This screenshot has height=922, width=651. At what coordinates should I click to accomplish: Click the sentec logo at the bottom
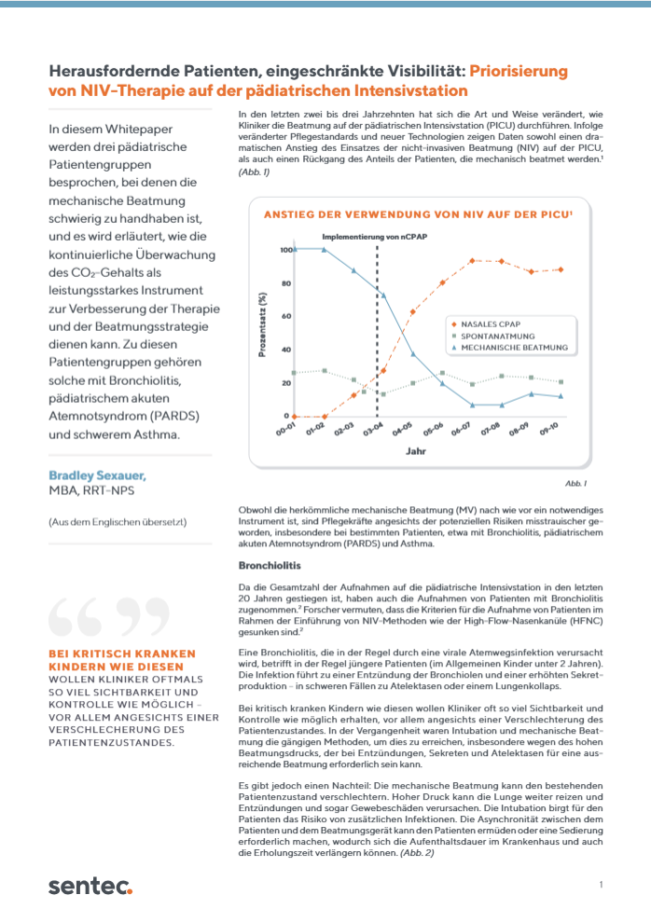point(90,885)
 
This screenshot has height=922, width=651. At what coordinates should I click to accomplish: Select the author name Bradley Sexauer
point(97,475)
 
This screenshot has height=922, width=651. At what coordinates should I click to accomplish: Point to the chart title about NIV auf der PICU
point(418,213)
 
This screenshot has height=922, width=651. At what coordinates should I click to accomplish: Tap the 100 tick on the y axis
point(284,250)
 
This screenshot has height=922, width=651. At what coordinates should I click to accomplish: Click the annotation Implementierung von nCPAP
point(376,237)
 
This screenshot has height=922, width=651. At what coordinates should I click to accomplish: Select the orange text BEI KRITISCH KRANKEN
point(122,654)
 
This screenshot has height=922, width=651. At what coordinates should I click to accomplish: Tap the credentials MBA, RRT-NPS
point(90,490)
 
